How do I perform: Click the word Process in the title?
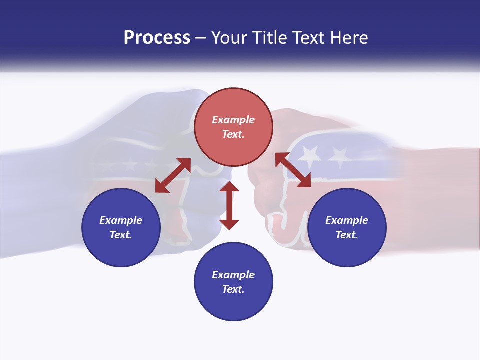pos(157,38)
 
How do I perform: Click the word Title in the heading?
pos(270,38)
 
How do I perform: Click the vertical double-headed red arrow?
pos(229,205)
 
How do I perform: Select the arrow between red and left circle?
pos(173,175)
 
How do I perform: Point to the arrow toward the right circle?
pos(293,170)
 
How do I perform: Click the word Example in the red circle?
pos(233,120)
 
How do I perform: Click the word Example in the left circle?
pos(121,220)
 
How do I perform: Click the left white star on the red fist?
pos(311,155)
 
